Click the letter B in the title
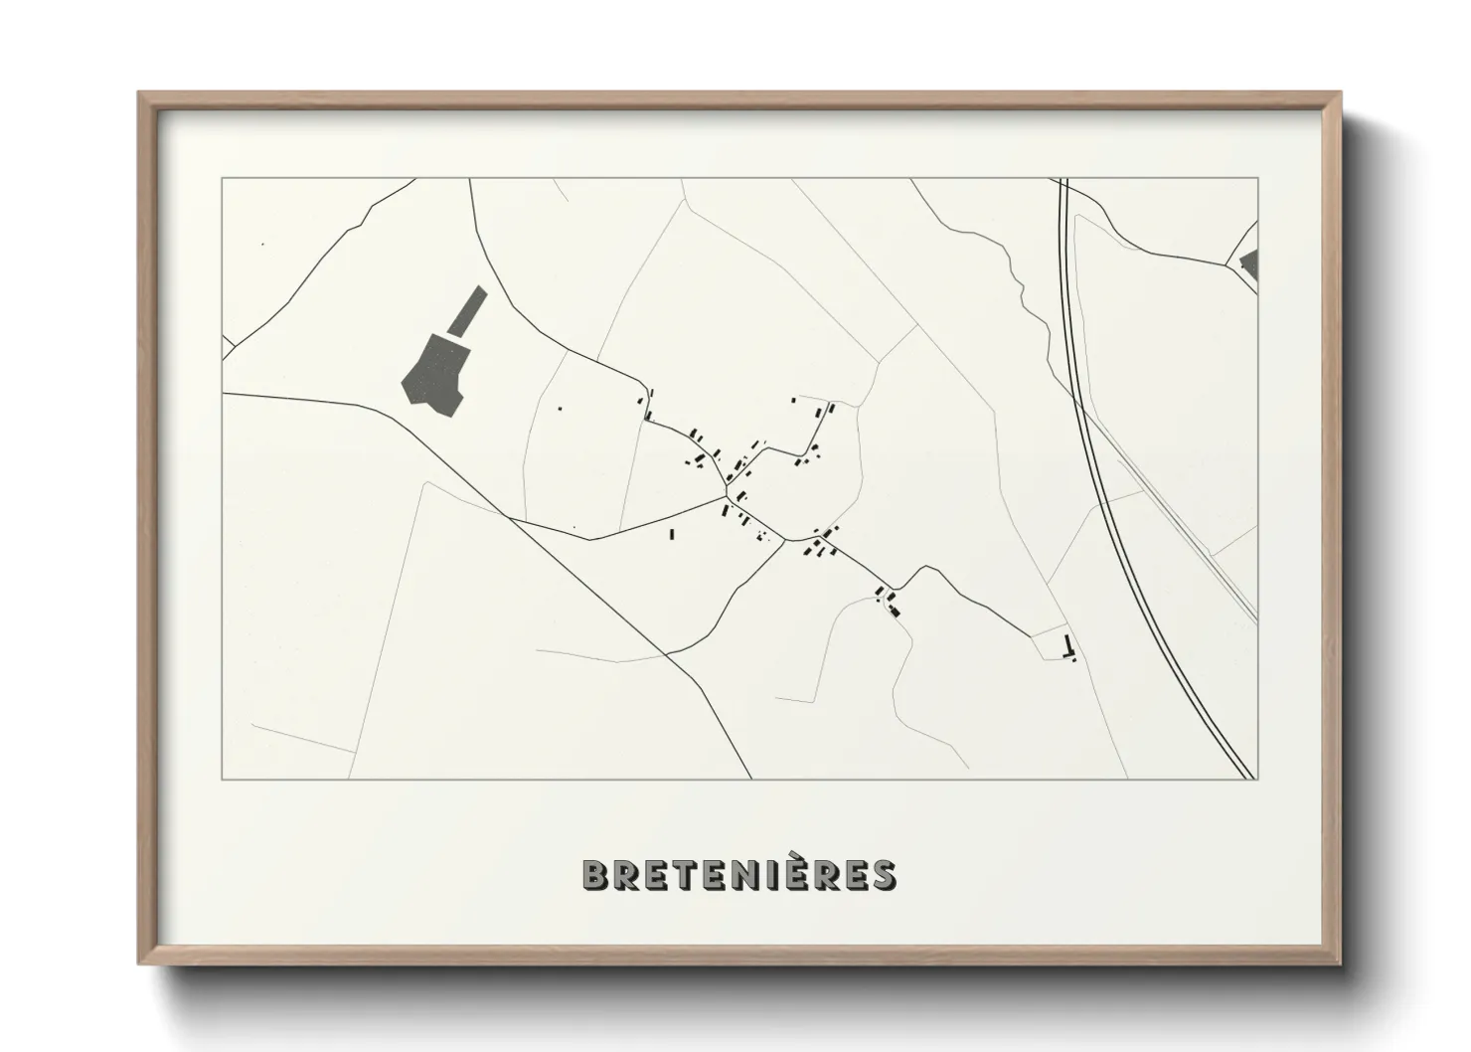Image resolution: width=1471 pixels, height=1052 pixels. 596,875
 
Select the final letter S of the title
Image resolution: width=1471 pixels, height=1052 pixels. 882,875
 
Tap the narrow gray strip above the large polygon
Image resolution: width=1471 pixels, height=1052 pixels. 467,310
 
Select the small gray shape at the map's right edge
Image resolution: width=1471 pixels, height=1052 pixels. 1249,264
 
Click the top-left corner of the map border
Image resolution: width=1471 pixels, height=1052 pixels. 223,179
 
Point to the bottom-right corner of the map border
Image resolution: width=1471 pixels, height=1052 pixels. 1257,779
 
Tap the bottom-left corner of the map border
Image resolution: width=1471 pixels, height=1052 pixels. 223,779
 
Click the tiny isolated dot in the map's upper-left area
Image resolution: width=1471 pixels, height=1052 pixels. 262,244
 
